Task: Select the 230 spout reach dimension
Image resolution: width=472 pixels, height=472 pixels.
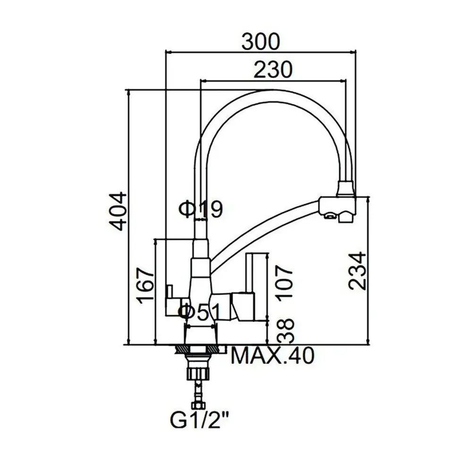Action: click(x=273, y=69)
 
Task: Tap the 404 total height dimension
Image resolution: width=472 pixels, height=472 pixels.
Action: click(x=118, y=211)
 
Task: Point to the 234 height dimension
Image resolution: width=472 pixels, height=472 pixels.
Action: click(x=357, y=271)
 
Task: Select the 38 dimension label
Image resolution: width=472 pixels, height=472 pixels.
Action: click(x=285, y=330)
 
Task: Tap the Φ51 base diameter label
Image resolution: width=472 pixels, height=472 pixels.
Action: click(x=200, y=312)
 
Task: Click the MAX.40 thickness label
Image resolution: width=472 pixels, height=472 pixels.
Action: click(x=272, y=355)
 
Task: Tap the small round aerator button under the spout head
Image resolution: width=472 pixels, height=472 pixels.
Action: click(x=329, y=215)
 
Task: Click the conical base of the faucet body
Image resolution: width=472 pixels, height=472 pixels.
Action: click(x=201, y=335)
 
